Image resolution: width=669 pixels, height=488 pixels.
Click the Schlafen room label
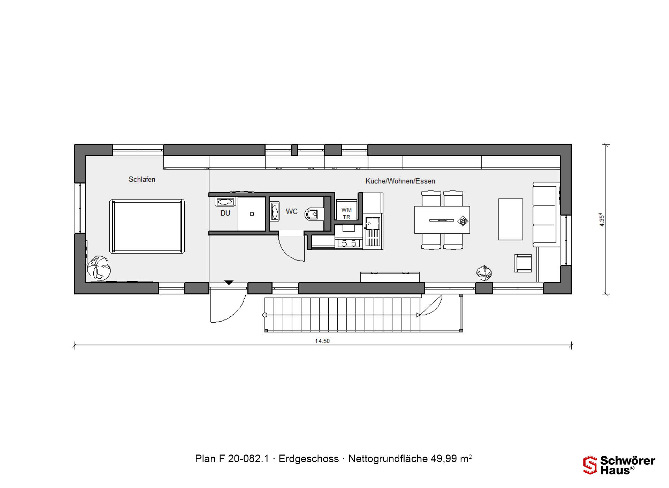pyautogui.click(x=142, y=180)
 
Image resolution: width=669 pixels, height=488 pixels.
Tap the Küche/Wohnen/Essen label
pyautogui.click(x=400, y=181)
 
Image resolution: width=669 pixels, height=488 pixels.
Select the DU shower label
pyautogui.click(x=225, y=213)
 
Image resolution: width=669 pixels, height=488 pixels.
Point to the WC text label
pyautogui.click(x=292, y=212)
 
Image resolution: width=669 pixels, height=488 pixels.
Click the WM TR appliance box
pyautogui.click(x=346, y=209)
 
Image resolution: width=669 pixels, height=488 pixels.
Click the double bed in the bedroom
pyautogui.click(x=147, y=226)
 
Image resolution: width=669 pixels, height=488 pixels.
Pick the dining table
pyautogui.click(x=442, y=220)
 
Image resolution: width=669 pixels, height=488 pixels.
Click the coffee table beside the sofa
pyautogui.click(x=510, y=219)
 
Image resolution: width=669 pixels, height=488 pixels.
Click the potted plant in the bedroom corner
pyautogui.click(x=99, y=268)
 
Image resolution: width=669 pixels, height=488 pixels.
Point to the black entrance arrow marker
pyautogui.click(x=229, y=283)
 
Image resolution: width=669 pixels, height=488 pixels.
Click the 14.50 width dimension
pyautogui.click(x=322, y=341)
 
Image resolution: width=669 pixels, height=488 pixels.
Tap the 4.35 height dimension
pyautogui.click(x=602, y=220)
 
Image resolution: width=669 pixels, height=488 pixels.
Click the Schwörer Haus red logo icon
pyautogui.click(x=590, y=465)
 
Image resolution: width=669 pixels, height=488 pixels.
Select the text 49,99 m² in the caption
pyautogui.click(x=451, y=459)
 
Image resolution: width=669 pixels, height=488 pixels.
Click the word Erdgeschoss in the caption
pyautogui.click(x=309, y=459)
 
